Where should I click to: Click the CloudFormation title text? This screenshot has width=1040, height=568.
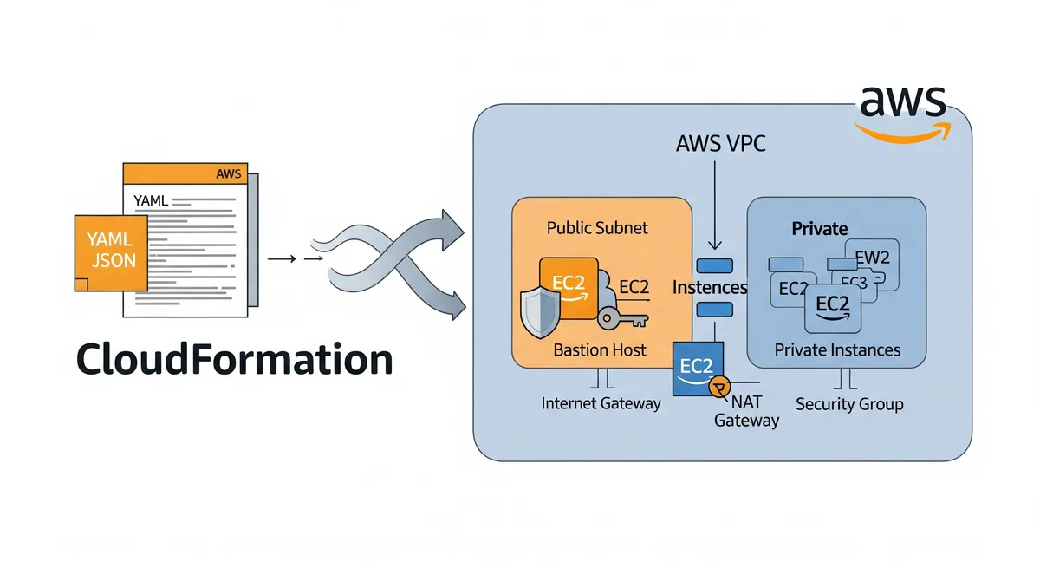point(235,359)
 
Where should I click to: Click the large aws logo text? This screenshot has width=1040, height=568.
point(902,104)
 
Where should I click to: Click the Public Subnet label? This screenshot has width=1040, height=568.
point(597,228)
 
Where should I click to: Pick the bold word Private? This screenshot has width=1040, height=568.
point(819,228)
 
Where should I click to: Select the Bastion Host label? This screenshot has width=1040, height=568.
point(600,350)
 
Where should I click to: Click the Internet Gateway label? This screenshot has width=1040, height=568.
point(601,403)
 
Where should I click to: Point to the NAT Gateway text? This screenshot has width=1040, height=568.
point(746,411)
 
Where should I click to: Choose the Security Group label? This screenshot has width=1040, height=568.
point(849,404)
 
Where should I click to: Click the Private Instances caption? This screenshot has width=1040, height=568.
point(837,350)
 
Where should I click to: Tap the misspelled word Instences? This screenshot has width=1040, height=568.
point(710,287)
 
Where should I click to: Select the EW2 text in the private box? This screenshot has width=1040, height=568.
point(873,257)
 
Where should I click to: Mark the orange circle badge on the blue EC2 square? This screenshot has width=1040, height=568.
point(718,388)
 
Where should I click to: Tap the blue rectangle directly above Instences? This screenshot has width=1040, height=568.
point(715,265)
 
